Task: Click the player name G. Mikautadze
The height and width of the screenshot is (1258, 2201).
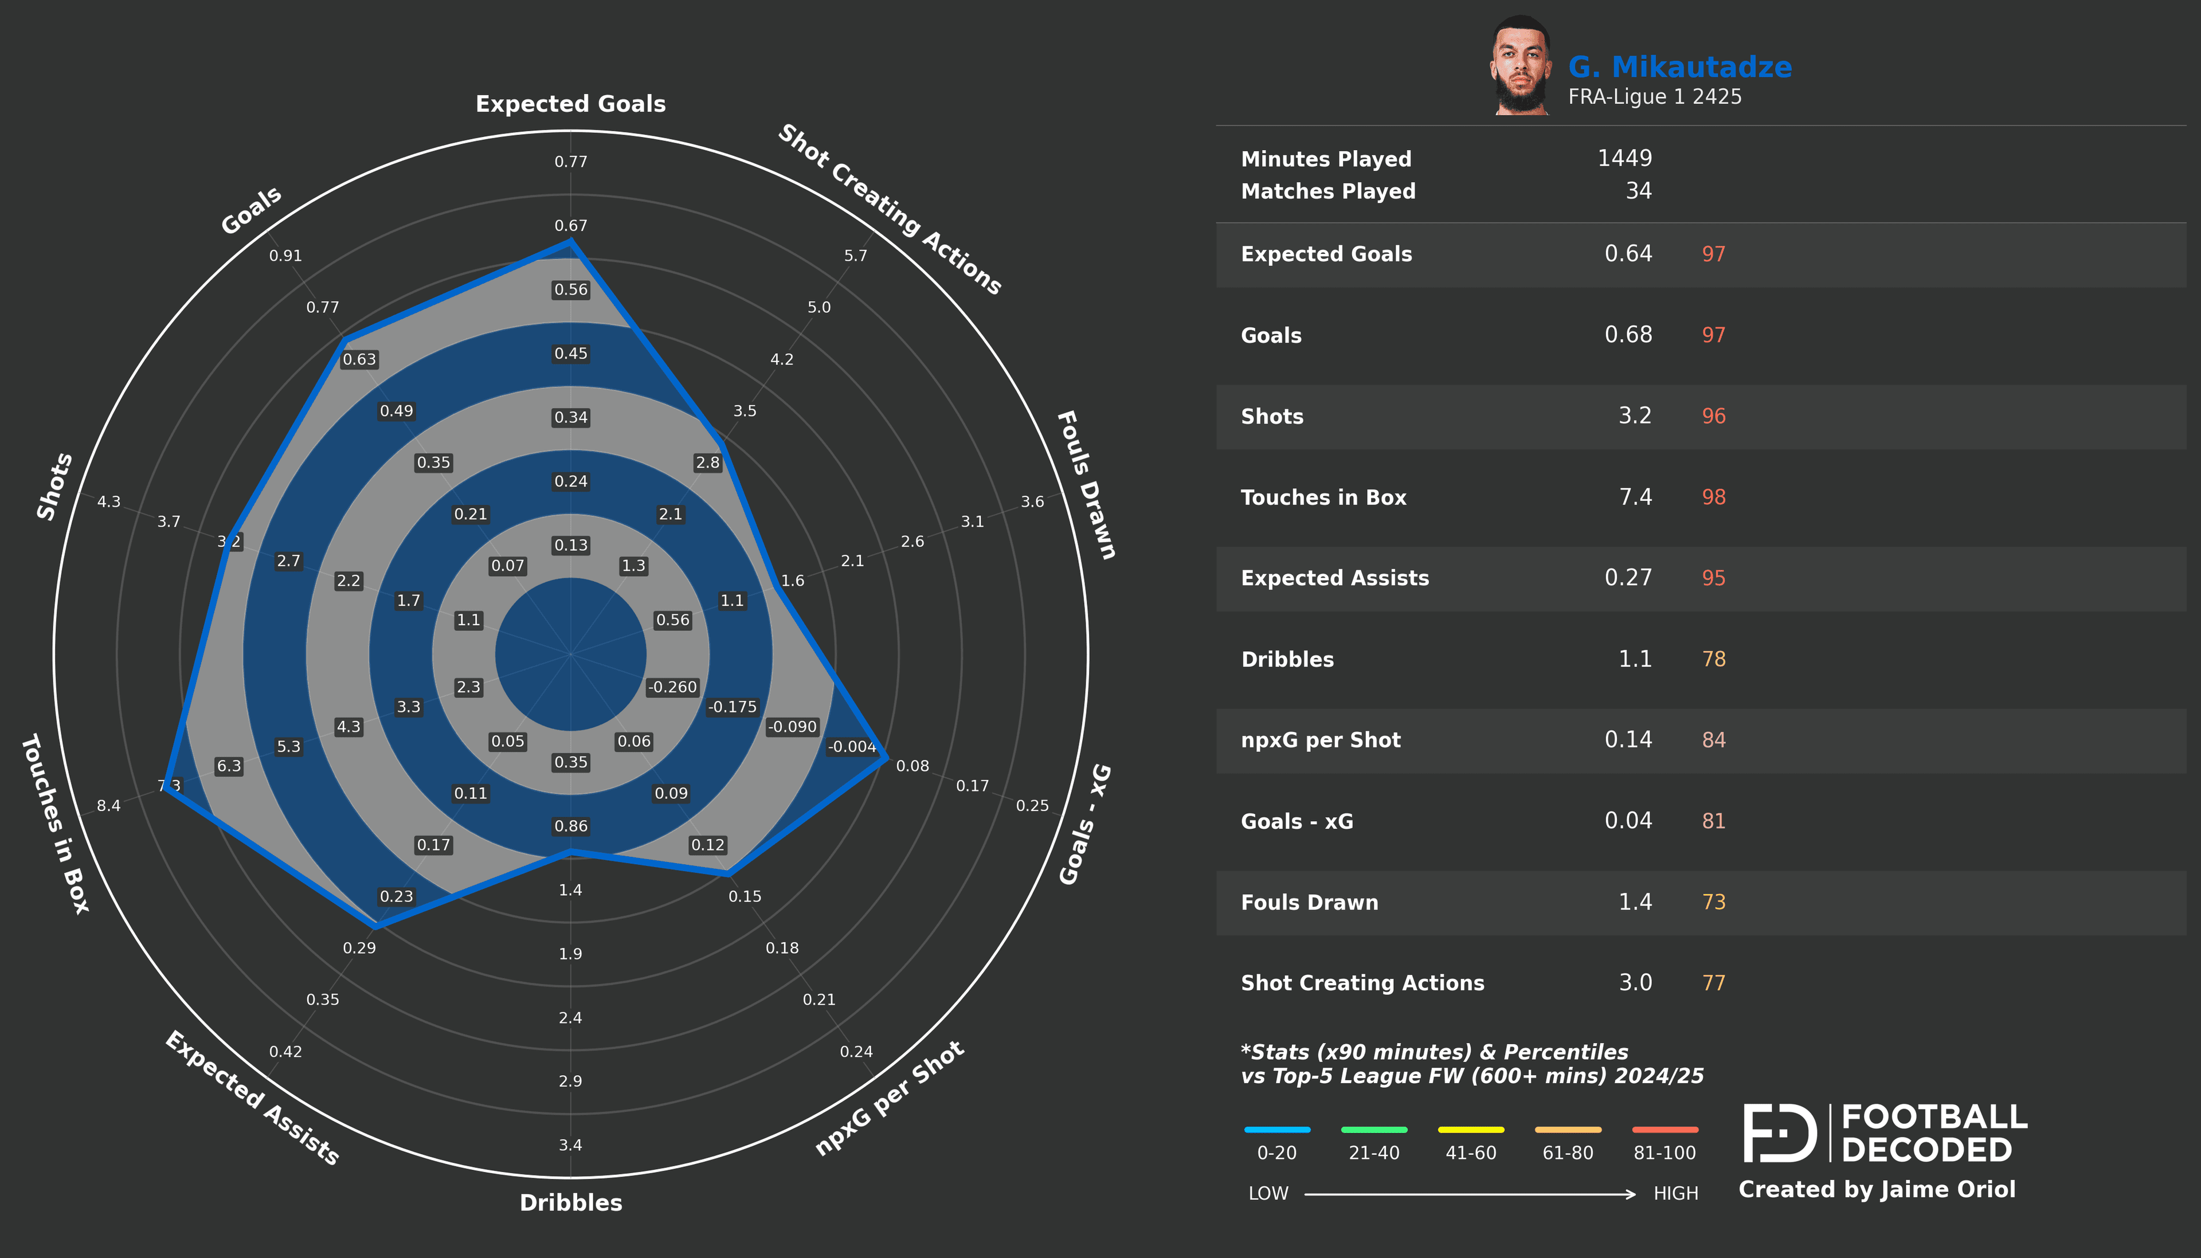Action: click(1679, 68)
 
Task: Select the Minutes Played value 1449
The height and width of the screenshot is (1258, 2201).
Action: click(1624, 158)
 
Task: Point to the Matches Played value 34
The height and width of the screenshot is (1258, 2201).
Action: click(1638, 191)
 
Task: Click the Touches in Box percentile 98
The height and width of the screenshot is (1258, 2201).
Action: click(1713, 497)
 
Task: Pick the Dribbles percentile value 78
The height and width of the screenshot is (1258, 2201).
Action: click(1713, 659)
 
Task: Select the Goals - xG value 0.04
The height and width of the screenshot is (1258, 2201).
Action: click(1627, 821)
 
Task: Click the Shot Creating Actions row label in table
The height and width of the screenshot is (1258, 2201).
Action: click(1362, 983)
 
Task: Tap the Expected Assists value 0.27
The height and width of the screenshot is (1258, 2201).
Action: click(1627, 578)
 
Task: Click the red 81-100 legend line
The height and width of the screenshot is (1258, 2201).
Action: click(1665, 1129)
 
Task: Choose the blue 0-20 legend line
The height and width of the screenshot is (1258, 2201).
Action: click(1276, 1129)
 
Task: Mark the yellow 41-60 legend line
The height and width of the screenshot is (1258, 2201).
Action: click(1470, 1129)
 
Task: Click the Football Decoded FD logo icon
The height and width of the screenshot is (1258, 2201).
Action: click(1780, 1132)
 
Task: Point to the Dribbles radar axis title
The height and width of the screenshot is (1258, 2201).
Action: click(570, 1203)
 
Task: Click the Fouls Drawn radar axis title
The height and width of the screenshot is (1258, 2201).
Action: click(1086, 485)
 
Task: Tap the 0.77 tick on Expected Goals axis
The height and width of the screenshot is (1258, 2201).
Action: click(570, 162)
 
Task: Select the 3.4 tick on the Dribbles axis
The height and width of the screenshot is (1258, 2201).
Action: click(570, 1145)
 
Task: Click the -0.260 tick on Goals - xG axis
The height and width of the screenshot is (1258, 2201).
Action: click(672, 687)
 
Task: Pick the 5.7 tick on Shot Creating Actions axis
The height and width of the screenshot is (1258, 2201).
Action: click(855, 256)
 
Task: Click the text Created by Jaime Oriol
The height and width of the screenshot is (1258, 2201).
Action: click(1876, 1190)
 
